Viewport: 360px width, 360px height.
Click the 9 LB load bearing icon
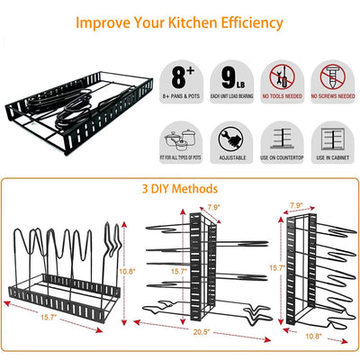[231, 75]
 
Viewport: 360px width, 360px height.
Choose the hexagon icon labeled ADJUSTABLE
[230, 139]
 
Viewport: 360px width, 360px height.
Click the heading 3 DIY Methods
[179, 189]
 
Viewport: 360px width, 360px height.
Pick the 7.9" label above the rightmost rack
[297, 206]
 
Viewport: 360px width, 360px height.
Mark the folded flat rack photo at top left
[76, 108]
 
